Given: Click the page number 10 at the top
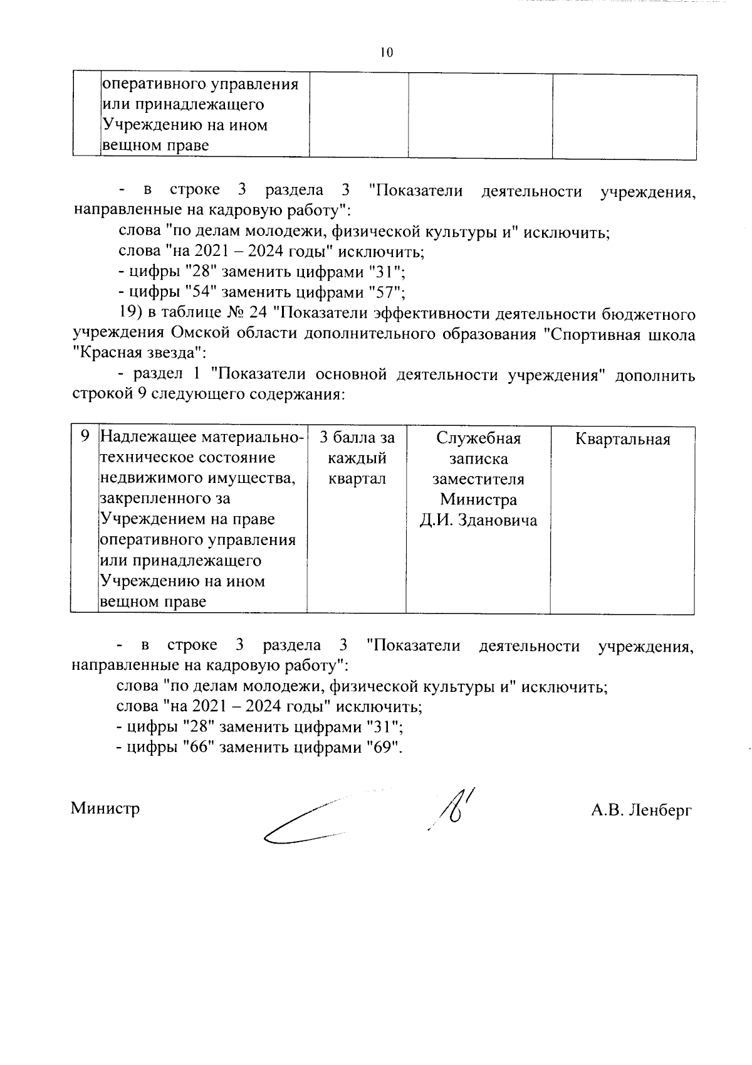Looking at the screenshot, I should click(x=386, y=53).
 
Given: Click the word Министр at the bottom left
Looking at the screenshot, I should click(x=105, y=808).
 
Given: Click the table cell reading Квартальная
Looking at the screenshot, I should click(x=622, y=439).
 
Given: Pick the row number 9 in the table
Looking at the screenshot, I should click(x=85, y=437).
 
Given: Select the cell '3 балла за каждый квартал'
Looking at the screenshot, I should click(x=357, y=458).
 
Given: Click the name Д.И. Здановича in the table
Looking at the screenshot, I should click(x=478, y=521).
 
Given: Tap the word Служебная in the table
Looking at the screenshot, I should click(x=478, y=438).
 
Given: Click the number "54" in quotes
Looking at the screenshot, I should click(x=199, y=292).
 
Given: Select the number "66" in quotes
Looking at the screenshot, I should click(x=196, y=748).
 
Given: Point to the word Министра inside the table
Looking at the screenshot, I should click(x=478, y=500).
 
